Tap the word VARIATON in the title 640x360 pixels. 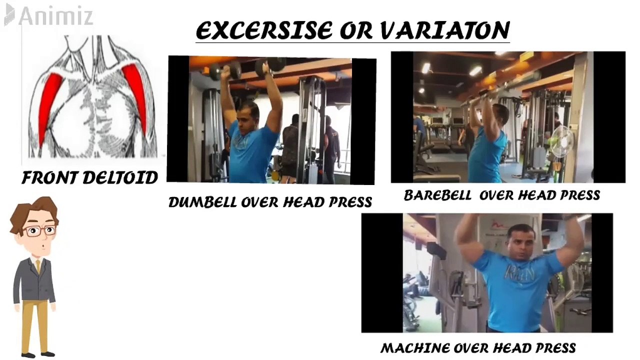click(444, 31)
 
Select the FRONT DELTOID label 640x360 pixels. click(89, 177)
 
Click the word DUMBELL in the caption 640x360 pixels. click(202, 202)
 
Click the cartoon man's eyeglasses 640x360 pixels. click(40, 230)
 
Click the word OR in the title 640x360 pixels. click(356, 31)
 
